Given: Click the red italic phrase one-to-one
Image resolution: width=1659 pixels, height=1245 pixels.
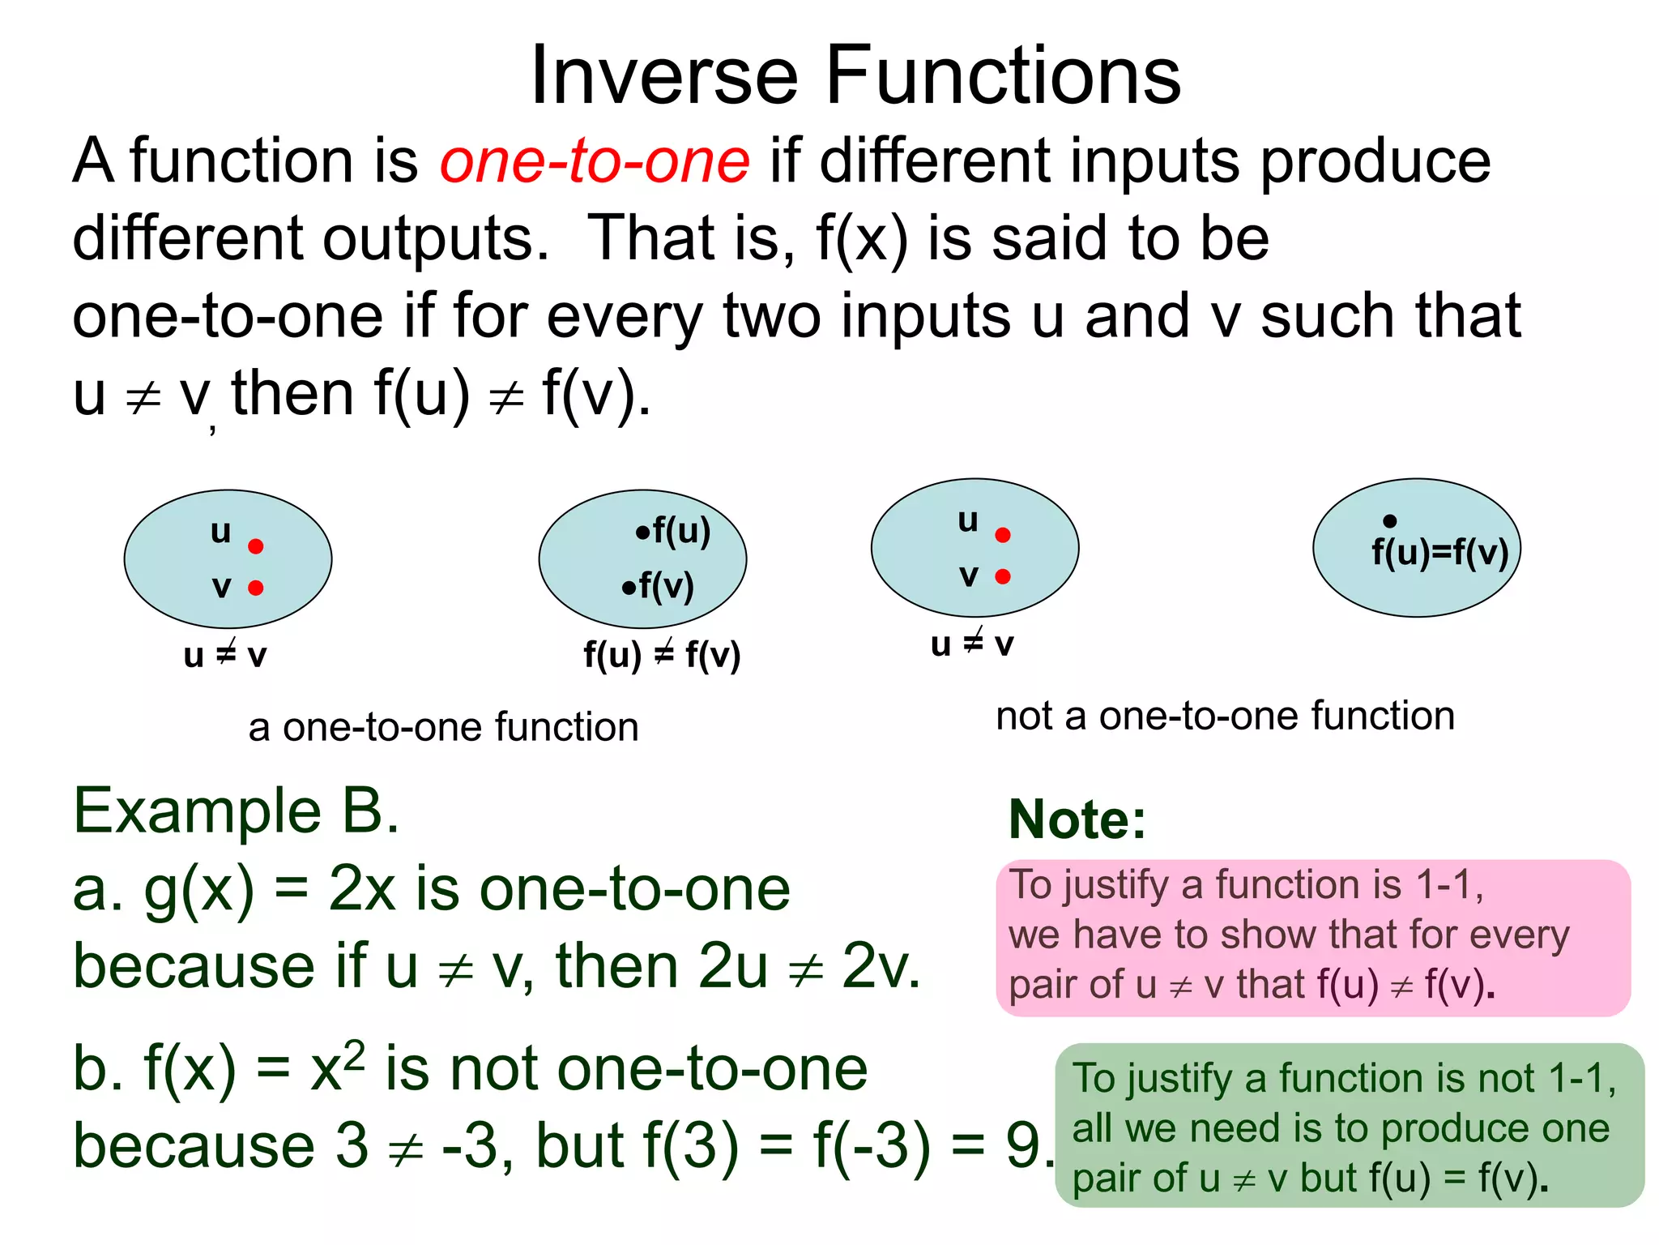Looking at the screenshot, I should click(x=595, y=160).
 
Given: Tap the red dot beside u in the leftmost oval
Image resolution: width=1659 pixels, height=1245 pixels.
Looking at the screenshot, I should click(x=256, y=546).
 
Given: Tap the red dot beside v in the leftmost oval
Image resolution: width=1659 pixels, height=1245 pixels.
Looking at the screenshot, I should click(x=256, y=588).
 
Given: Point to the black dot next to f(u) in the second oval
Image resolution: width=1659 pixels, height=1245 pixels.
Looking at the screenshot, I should click(x=642, y=533).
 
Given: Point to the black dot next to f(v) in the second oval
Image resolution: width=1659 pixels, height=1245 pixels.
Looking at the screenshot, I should click(x=629, y=588).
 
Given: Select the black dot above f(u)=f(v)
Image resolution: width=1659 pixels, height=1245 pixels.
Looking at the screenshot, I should click(x=1390, y=521).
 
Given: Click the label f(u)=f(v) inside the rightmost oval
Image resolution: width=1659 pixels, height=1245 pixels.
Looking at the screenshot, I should click(x=1439, y=553).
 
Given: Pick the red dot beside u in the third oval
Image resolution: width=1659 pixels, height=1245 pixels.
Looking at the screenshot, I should click(x=1003, y=535).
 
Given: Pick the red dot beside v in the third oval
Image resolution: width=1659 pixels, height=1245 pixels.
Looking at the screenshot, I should click(x=1003, y=576).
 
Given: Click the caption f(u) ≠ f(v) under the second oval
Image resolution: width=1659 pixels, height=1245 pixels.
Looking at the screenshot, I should click(x=662, y=655).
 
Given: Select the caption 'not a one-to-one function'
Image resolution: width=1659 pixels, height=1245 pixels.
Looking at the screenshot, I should click(x=1225, y=717).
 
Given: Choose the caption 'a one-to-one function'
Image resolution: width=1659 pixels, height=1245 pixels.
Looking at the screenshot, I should click(x=443, y=727).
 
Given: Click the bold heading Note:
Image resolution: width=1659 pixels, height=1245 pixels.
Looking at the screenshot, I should click(x=1077, y=819).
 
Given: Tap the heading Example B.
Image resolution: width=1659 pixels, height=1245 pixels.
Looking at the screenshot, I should click(x=236, y=811).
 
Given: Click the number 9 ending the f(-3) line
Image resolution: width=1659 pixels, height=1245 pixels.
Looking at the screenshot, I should click(x=1024, y=1146).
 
